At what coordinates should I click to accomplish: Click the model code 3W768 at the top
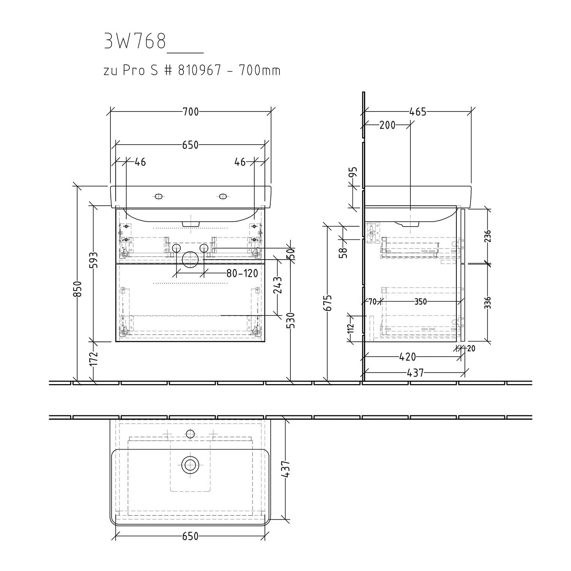coord(135,41)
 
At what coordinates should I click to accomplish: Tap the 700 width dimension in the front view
coord(191,112)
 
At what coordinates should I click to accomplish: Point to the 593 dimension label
coord(94,260)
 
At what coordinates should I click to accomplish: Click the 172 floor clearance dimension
coord(94,359)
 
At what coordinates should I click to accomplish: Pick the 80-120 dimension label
coord(242,273)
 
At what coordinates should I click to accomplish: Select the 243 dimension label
coord(278,285)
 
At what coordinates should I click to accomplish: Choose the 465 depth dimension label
coord(418,112)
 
